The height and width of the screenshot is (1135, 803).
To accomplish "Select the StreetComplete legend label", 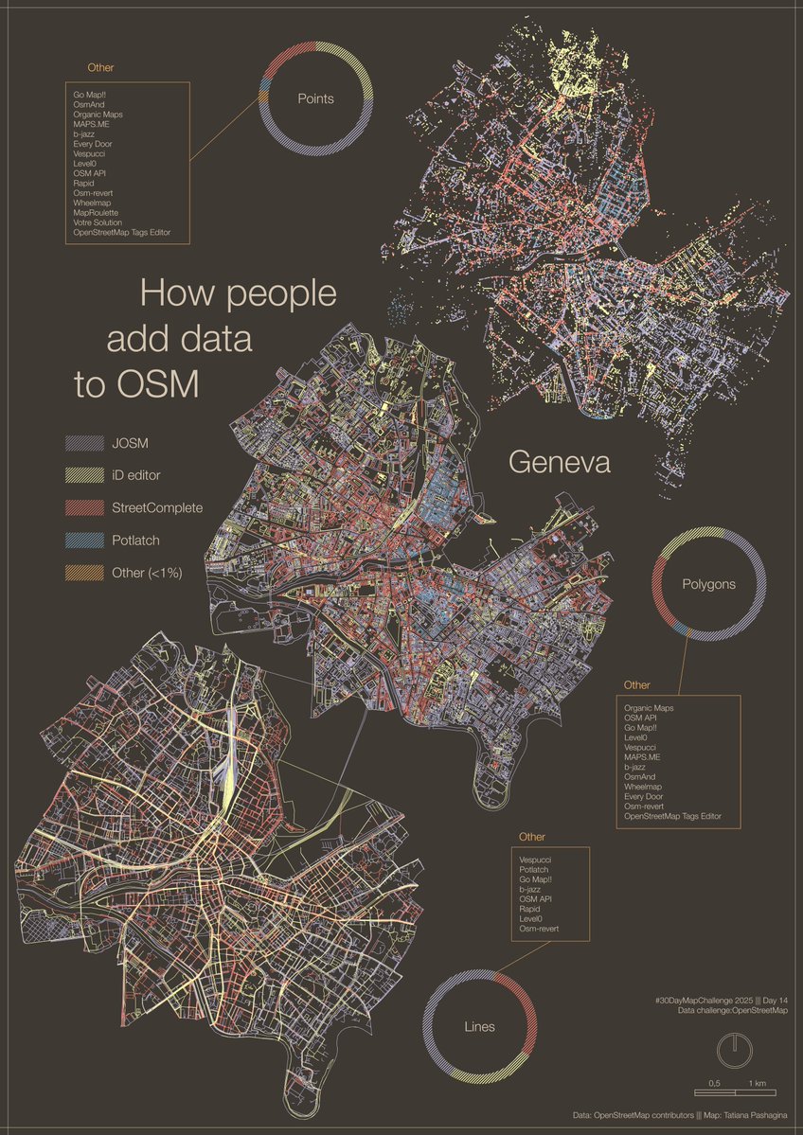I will (156, 507).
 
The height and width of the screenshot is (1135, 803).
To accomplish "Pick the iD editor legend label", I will (143, 475).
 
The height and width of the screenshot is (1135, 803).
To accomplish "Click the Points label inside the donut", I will (316, 98).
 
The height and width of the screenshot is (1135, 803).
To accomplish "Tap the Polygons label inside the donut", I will (708, 584).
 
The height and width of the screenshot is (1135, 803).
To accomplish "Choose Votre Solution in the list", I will (98, 222).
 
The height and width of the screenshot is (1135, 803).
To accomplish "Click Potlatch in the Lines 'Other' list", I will (535, 869).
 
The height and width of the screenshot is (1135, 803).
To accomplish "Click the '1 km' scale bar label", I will (757, 1083).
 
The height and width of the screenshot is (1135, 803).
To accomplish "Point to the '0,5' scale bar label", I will (715, 1083).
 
